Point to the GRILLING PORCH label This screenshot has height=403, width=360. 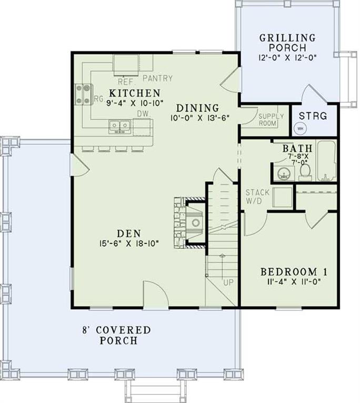[x=287, y=43]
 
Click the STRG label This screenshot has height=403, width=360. [x=313, y=116]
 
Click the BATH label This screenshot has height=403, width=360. [x=297, y=149]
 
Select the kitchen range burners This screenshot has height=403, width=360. [x=84, y=94]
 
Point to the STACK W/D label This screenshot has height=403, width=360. [x=257, y=196]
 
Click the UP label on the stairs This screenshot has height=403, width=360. [x=227, y=283]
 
